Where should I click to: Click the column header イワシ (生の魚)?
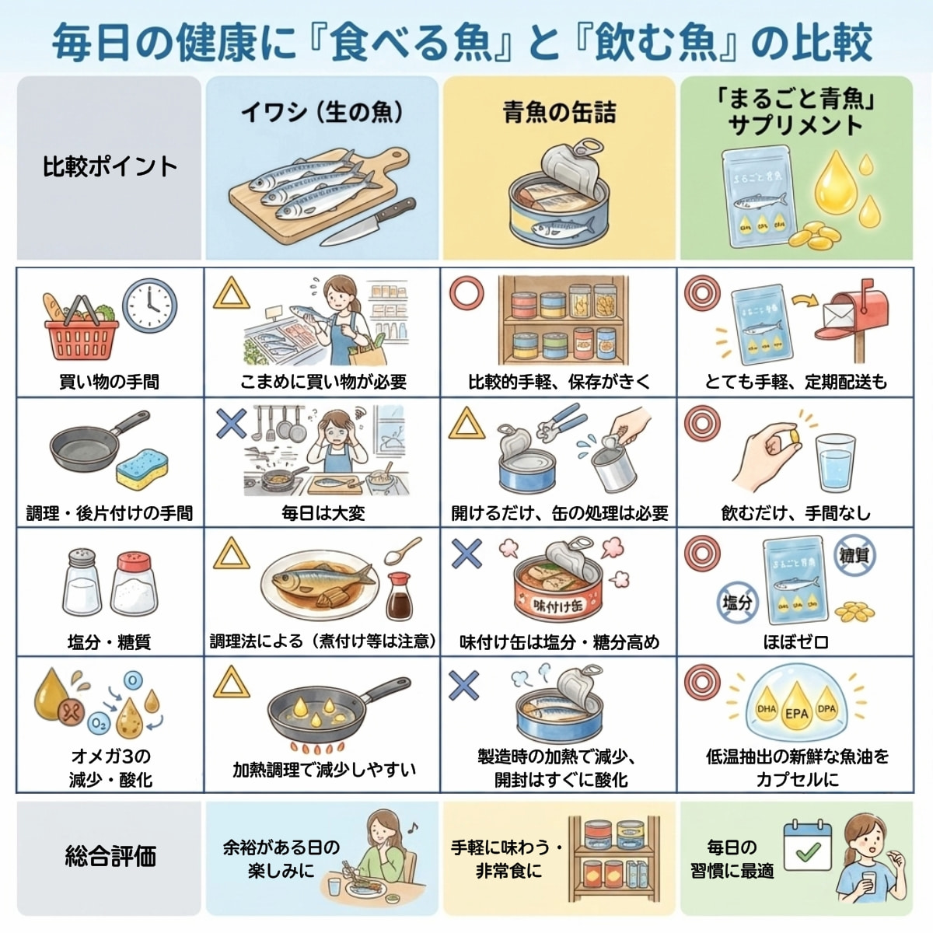click(321, 112)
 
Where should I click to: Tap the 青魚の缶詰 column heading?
click(559, 113)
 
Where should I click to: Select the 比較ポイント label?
click(110, 166)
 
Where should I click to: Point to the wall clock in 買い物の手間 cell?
click(149, 306)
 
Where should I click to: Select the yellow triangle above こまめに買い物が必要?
click(231, 295)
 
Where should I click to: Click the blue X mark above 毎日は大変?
click(231, 423)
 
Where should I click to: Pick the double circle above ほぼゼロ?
click(701, 554)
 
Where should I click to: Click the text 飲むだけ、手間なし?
click(795, 513)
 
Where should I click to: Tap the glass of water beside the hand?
click(835, 463)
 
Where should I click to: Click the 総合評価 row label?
click(110, 856)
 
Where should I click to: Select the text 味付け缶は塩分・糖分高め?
click(559, 642)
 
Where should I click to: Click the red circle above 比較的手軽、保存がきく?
click(466, 294)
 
